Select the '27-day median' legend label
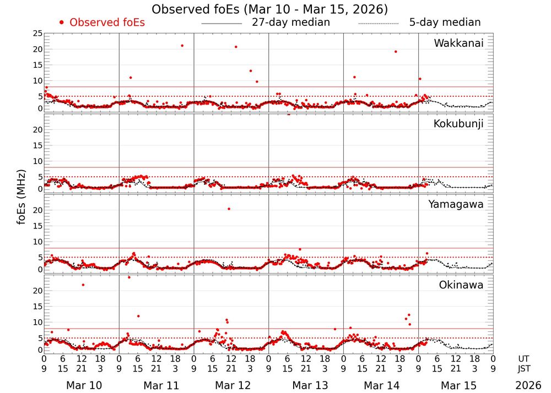coord(291,23)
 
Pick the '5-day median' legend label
coord(445,23)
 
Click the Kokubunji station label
coord(458,124)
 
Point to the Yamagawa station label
coord(456,205)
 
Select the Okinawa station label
coord(461,285)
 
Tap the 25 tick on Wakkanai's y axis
coord(37,34)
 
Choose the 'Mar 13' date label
coord(306,385)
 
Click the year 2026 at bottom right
coord(528,385)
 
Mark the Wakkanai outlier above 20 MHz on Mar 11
coord(182,45)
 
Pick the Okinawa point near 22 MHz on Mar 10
coord(83,285)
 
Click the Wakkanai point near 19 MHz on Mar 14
coord(396,51)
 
